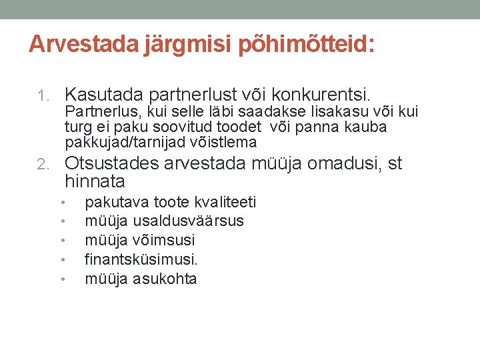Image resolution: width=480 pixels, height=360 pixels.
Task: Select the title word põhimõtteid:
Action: point(301,44)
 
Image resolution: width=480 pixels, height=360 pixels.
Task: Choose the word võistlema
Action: point(225,142)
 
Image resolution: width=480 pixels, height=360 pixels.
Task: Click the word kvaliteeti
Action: point(223,202)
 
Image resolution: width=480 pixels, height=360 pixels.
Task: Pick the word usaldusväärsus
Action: point(189,221)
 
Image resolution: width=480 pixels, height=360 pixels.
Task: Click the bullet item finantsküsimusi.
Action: point(141,259)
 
